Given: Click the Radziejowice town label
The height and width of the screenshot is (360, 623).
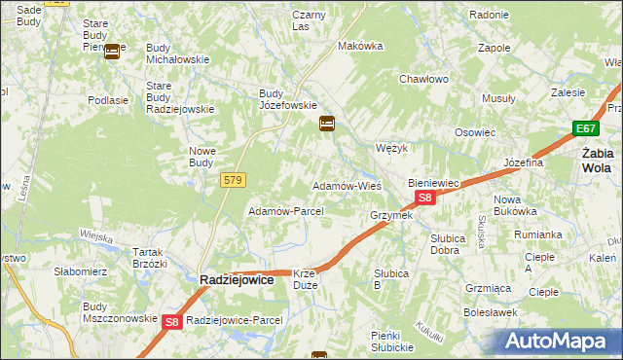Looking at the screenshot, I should coord(237,279).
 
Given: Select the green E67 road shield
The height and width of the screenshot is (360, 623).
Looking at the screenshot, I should coord(585,128).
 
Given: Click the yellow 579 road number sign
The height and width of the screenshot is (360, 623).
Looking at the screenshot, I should coord(233,180).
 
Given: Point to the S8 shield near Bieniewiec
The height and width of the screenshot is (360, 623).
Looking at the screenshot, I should coord(424,198).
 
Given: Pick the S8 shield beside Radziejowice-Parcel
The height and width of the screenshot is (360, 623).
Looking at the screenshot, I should coord(171,321).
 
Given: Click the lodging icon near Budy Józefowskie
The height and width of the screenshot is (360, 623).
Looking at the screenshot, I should coord(327,124).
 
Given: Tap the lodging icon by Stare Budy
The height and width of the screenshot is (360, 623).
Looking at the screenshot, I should coord(112,52).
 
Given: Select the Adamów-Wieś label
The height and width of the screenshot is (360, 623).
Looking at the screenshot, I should coord(346,185).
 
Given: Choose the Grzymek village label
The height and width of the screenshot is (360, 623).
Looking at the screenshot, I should coord(391,215).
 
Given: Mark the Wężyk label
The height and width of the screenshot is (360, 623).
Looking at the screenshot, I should coord(390,149).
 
